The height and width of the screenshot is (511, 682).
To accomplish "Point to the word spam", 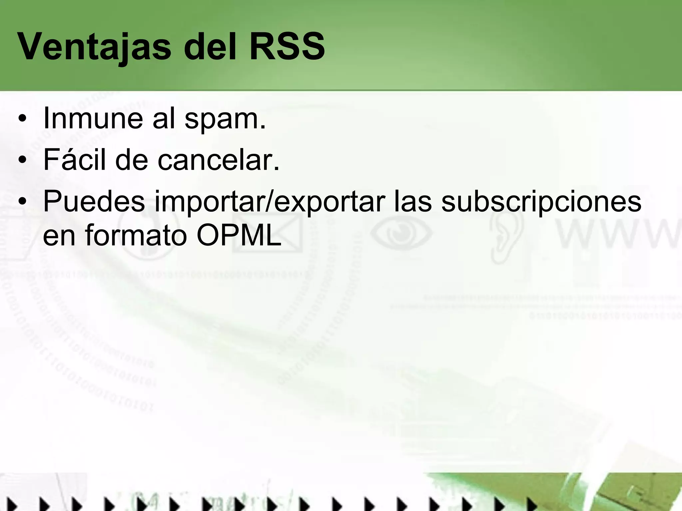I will tap(225, 119).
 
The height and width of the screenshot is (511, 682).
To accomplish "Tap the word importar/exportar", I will tap(270, 202).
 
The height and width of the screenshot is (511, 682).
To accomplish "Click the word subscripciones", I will tap(541, 202).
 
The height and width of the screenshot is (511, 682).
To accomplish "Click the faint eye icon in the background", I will tap(401, 232).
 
